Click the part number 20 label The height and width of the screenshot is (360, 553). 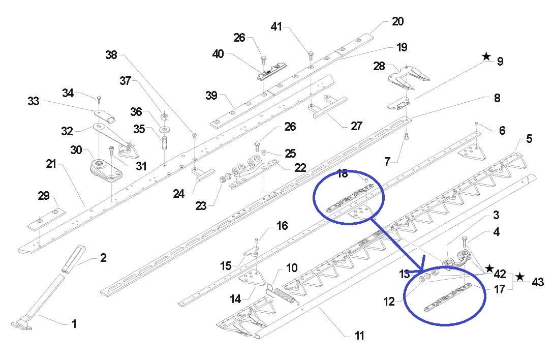[397, 21]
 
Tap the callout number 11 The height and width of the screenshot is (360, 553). [359, 336]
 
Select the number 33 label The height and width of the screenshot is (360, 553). [34, 101]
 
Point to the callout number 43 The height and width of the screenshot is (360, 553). [538, 281]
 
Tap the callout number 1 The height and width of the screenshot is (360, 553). [74, 323]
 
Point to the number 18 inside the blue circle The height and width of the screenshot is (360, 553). [343, 174]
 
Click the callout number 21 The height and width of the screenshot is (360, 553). [51, 164]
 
